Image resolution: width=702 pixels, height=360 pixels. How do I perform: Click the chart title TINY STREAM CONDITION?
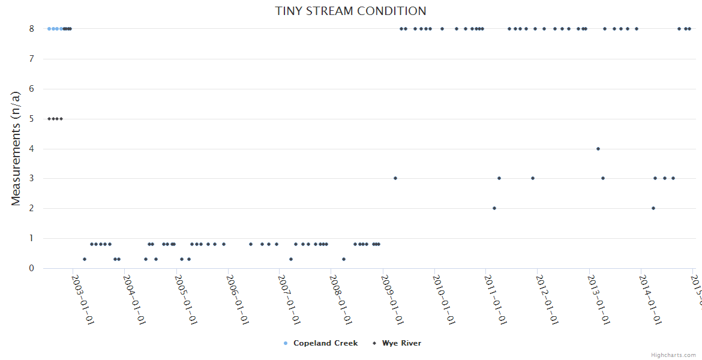(x=350, y=11)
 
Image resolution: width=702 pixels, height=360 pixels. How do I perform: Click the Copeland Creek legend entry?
(x=325, y=343)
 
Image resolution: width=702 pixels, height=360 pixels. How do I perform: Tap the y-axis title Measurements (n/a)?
(x=16, y=148)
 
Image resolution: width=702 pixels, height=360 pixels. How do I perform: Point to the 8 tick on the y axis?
(x=32, y=29)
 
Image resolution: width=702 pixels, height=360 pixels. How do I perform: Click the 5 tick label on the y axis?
(x=32, y=119)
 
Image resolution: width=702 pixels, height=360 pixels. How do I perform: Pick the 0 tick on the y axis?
(x=32, y=268)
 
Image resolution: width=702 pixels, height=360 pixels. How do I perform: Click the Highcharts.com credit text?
(x=673, y=355)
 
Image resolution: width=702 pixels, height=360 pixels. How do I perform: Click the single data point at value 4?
(x=598, y=149)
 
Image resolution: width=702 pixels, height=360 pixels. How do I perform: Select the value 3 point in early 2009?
(x=395, y=178)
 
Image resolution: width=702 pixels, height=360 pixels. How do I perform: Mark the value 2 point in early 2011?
(x=494, y=208)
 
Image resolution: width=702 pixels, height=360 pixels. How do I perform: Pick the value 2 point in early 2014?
(x=653, y=208)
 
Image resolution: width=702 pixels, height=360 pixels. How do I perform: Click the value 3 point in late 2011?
(x=533, y=178)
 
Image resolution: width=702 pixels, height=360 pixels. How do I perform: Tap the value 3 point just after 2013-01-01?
(x=603, y=178)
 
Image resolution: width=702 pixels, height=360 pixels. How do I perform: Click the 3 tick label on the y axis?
(x=32, y=179)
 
